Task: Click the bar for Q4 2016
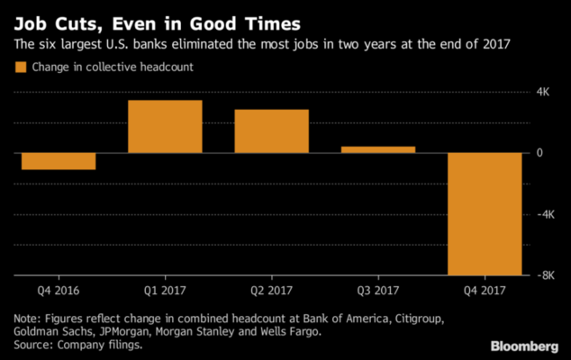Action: tap(59, 161)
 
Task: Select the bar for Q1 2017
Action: tap(165, 127)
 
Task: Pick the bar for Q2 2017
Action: tap(271, 131)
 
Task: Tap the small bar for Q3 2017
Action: tap(378, 149)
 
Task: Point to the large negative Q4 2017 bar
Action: tap(485, 214)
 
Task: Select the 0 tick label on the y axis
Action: tap(539, 153)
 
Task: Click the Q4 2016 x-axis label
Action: tap(59, 291)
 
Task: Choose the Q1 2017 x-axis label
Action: tap(165, 291)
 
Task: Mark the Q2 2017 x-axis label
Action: tap(271, 291)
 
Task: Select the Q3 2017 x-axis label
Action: tap(378, 291)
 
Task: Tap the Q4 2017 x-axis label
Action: tap(485, 291)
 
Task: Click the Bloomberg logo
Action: tap(524, 345)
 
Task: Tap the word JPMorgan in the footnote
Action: tap(129, 330)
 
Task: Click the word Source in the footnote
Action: tap(30, 343)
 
